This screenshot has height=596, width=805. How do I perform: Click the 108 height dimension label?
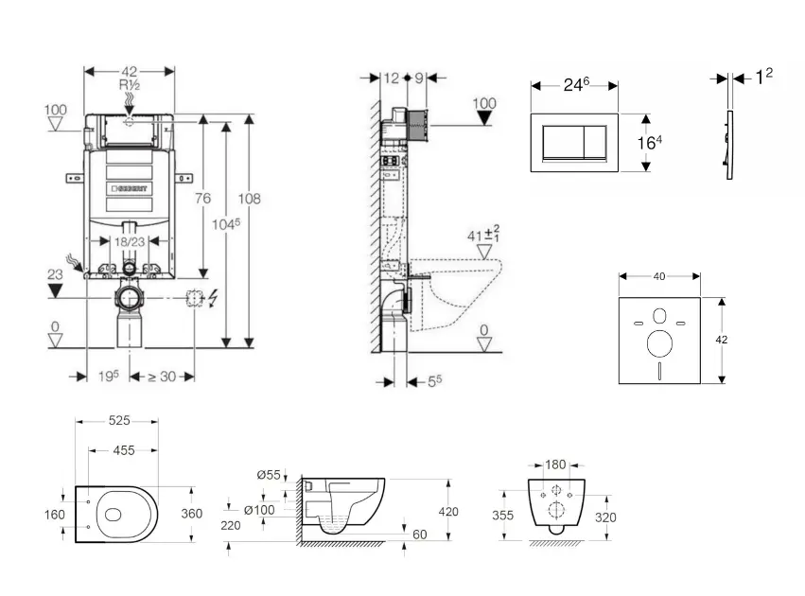pos(250,199)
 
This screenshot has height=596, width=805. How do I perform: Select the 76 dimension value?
pos(202,198)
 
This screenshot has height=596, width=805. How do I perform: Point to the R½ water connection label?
pos(130,84)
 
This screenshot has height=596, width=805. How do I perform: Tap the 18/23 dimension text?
pos(130,241)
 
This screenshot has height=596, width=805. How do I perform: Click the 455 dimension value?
pos(124,451)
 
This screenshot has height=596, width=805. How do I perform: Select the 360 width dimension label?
pos(192,514)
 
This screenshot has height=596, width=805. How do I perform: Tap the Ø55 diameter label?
pos(270,475)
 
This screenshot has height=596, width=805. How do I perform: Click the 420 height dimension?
pos(448,512)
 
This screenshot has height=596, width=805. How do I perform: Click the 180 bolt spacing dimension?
pos(555,465)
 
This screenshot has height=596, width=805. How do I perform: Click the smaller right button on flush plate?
pos(598,143)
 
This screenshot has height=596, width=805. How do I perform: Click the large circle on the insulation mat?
pos(659,342)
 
